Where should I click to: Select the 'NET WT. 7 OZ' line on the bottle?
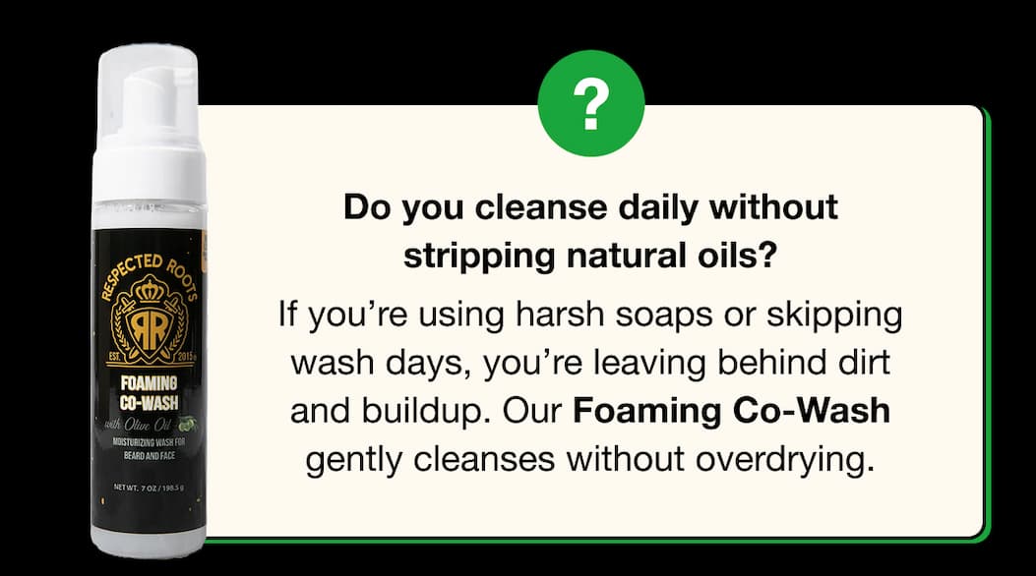(147, 487)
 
